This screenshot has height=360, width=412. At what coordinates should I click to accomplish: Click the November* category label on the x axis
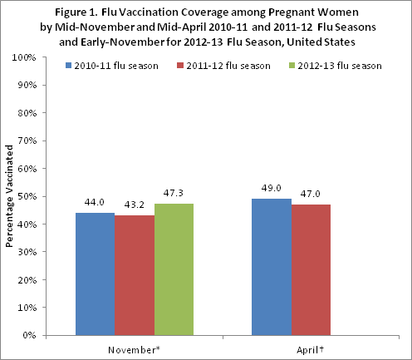133,349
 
